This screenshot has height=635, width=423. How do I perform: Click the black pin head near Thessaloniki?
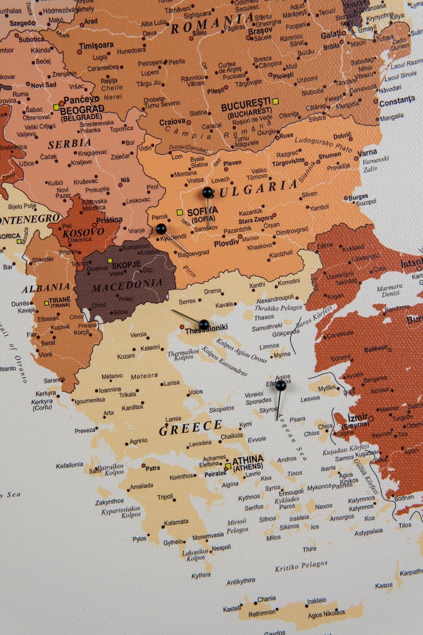[x=204, y=324]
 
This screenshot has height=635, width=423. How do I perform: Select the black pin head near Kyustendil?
[x=161, y=229]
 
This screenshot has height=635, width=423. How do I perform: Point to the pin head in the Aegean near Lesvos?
[x=281, y=385]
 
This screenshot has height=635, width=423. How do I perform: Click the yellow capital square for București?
[x=275, y=101]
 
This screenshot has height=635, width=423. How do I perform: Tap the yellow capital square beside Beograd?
[x=56, y=107]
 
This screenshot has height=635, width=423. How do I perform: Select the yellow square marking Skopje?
[x=110, y=261]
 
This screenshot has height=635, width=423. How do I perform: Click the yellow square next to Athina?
[x=228, y=466]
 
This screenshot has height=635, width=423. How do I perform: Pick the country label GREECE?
[x=190, y=427]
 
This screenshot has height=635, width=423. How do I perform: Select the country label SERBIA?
[x=69, y=144]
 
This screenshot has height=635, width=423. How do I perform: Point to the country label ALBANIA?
[x=46, y=288]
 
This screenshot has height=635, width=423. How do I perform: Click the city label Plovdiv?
[x=226, y=243]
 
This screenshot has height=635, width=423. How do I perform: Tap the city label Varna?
[x=368, y=152]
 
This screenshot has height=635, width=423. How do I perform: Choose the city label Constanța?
[x=397, y=100]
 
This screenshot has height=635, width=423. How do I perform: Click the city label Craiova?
[x=172, y=122]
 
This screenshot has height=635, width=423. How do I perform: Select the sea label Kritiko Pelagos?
[x=301, y=566]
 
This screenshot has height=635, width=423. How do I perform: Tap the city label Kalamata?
[x=176, y=522]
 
